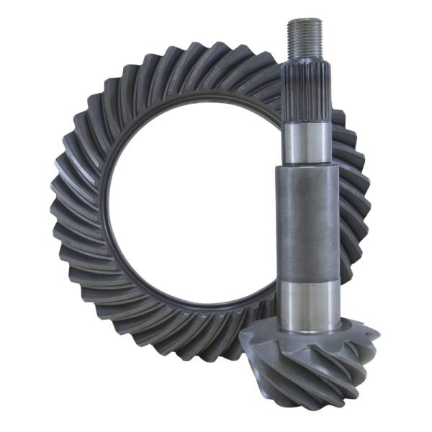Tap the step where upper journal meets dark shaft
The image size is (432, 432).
(308, 164)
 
